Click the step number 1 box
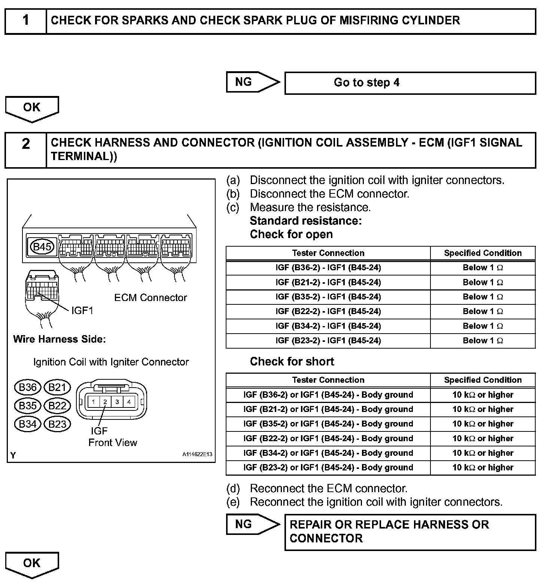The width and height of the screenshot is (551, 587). tap(25, 21)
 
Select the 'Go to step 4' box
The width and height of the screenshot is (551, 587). tap(410, 83)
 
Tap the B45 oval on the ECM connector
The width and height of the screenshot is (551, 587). tap(42, 247)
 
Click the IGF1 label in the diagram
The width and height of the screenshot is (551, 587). tap(82, 310)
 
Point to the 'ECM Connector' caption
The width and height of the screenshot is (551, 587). tap(150, 298)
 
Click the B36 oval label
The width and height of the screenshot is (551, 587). tap(27, 387)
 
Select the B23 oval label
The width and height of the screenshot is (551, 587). tap(57, 424)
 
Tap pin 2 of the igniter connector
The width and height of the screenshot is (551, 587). tap(105, 402)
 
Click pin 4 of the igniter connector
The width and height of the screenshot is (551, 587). tap(129, 402)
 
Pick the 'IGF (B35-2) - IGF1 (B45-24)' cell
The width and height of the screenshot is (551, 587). tap(328, 297)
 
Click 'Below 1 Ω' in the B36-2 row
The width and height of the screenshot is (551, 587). tap(483, 268)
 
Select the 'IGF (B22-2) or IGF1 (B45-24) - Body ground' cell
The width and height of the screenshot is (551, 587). tap(328, 439)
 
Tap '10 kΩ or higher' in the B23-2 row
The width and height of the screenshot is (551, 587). tap(483, 467)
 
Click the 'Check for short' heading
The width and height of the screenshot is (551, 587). tap(292, 362)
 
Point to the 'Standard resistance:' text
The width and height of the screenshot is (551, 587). tap(306, 221)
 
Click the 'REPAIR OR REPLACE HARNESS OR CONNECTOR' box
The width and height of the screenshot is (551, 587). tap(410, 532)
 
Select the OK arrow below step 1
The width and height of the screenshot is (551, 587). tap(32, 108)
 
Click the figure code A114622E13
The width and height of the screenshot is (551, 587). tap(197, 454)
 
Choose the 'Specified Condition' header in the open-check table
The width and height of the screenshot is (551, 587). tap(483, 253)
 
